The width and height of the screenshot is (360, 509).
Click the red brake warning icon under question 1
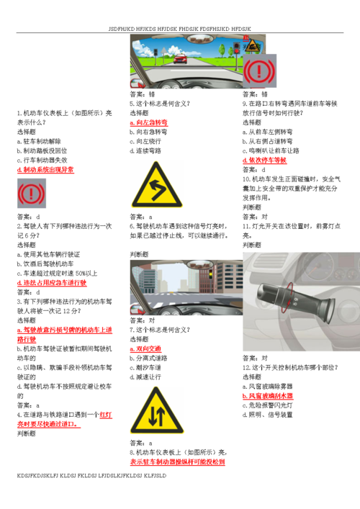[31, 193]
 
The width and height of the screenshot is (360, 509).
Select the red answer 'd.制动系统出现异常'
[45, 170]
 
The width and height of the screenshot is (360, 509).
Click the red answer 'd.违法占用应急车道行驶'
[51, 283]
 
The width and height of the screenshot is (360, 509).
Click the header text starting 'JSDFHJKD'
[180, 28]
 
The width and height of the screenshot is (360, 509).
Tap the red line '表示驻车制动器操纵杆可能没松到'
[178, 461]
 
